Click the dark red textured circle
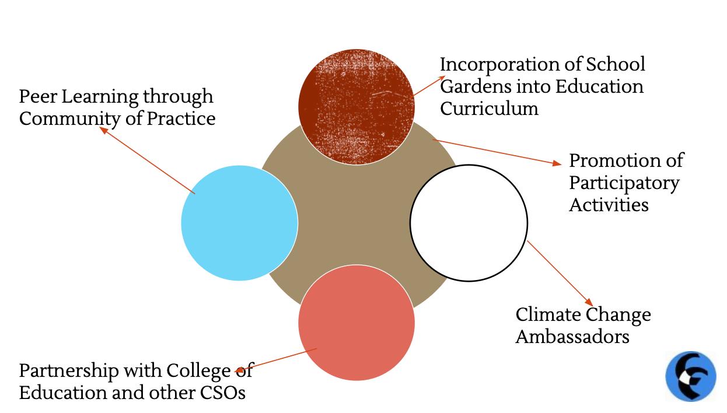point(356,106)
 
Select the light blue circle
point(239,223)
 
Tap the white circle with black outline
point(469,223)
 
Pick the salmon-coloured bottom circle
point(356,323)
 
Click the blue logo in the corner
point(691,376)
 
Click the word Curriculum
point(489,108)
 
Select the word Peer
point(38,96)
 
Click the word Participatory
point(624,183)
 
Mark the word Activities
point(609,205)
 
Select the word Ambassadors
point(572,337)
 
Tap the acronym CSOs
point(223,393)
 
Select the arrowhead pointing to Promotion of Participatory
point(557,164)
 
